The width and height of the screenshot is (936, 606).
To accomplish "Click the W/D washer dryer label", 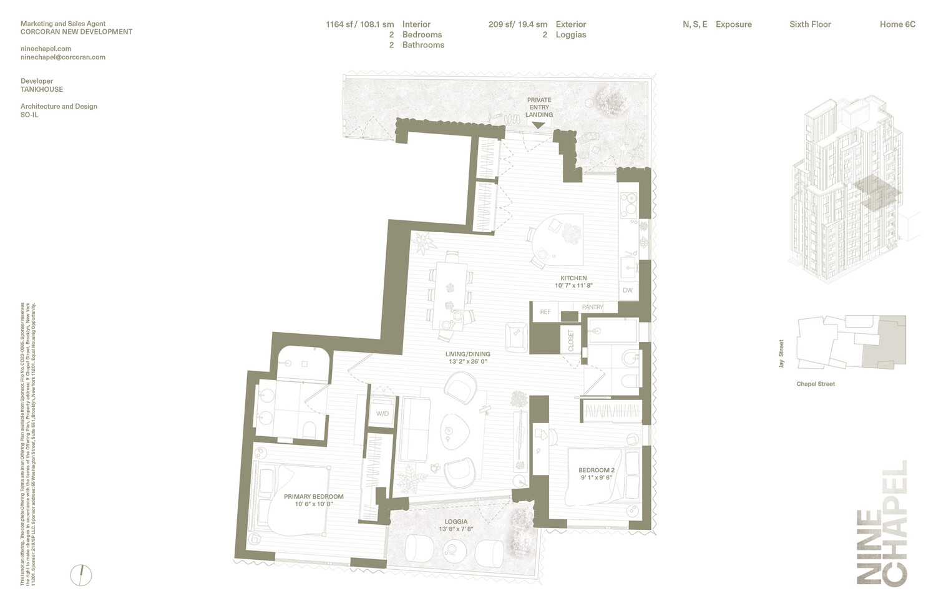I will pos(382,414).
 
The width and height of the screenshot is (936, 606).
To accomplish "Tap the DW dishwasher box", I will pos(627,290).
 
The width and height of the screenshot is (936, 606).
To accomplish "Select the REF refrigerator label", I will pos(545,311).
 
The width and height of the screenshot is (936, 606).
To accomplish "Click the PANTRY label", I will pos(592,307).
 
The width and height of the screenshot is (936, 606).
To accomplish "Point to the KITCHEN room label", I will pos(573,278).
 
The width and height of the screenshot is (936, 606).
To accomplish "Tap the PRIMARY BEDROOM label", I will pos(313,497).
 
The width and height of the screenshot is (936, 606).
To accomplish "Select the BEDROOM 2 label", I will pos(596,470).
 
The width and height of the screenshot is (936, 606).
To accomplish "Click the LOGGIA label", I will pos(456,522).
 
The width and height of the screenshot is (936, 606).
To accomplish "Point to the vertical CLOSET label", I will pos(570,341).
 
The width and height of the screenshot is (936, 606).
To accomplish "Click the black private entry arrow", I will pos(538,125).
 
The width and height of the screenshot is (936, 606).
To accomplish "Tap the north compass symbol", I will pos(80,574).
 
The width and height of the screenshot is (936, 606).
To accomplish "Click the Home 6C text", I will pos(897,24).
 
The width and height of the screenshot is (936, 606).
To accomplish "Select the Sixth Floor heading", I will pos(810,24).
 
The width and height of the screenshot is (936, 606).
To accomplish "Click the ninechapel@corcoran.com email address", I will pos(63,57).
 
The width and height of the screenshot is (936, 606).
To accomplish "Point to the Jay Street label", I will pos(781,354).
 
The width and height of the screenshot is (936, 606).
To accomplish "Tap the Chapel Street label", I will pos(816,384).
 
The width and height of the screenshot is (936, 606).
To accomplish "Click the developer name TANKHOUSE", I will pos(42,89).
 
